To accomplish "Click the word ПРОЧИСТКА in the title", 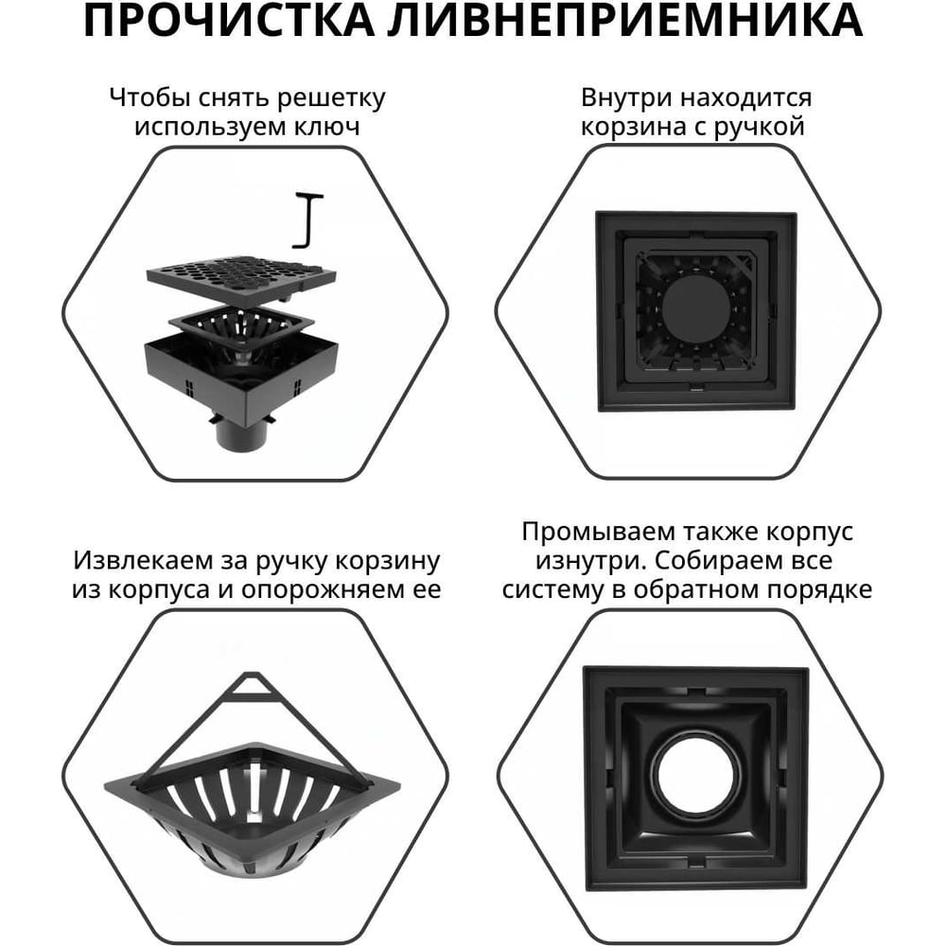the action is coord(229,20).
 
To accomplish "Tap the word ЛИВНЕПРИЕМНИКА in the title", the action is coord(625,20).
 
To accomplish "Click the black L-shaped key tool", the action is coord(308,220).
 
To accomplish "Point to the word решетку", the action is coord(330,98).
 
